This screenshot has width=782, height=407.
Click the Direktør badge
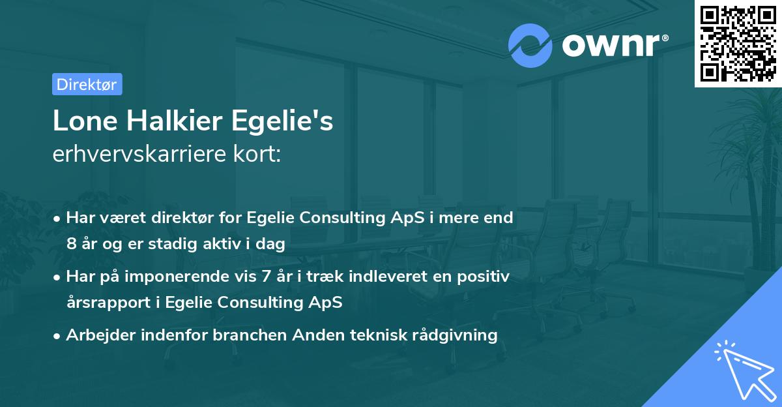[87, 84]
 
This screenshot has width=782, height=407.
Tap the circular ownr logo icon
[530, 46]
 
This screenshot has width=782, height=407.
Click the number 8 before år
[70, 244]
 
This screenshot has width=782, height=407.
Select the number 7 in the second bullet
[265, 277]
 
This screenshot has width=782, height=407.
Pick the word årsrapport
[104, 303]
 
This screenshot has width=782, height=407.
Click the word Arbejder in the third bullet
[95, 335]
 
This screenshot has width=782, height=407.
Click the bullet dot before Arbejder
[57, 336]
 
